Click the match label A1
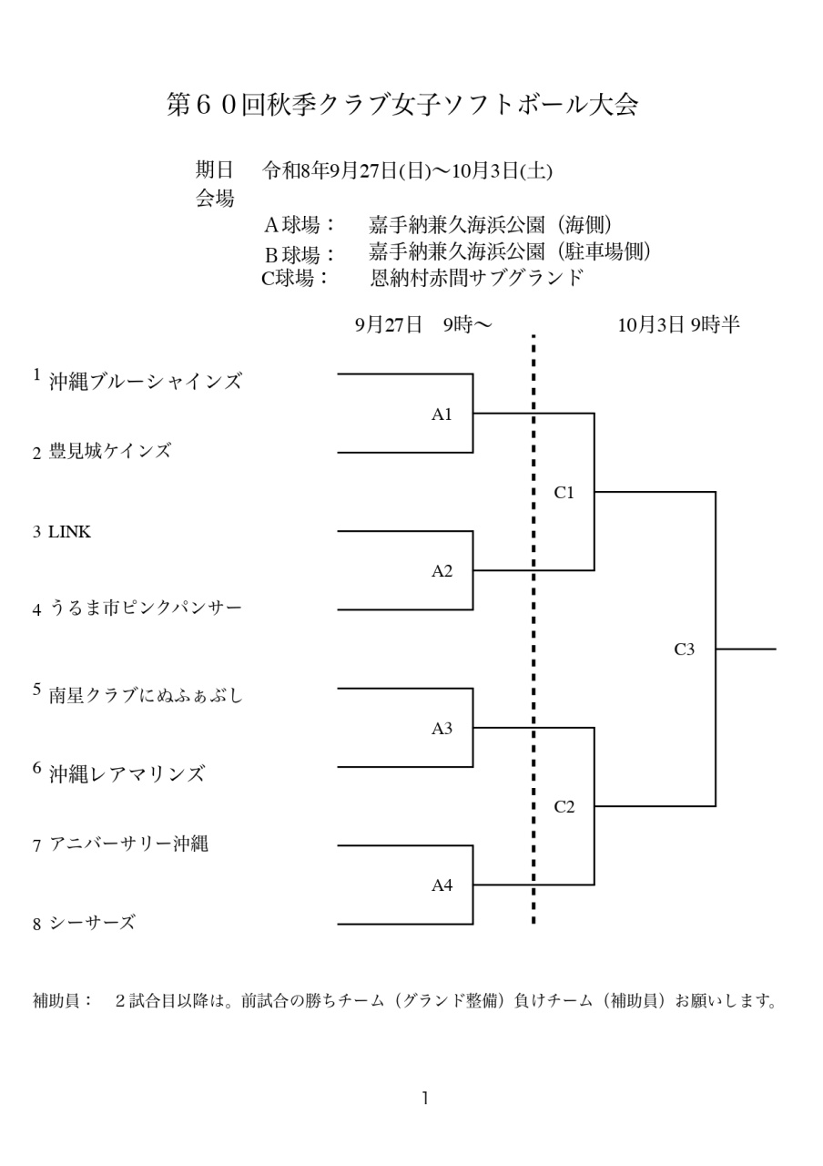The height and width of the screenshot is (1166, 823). click(x=442, y=414)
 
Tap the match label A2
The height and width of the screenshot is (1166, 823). click(x=442, y=571)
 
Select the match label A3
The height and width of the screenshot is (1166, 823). click(x=442, y=729)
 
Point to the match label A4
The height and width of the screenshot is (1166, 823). click(x=442, y=885)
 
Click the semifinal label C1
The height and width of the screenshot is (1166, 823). click(x=564, y=493)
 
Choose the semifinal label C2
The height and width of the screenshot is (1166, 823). click(x=564, y=807)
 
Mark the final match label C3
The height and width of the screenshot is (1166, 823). click(x=684, y=649)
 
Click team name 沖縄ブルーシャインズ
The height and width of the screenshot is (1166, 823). click(x=146, y=382)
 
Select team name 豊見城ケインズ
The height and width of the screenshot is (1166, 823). click(x=110, y=451)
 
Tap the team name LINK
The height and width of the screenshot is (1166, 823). click(x=70, y=532)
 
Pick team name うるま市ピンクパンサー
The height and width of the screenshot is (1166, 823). click(x=146, y=608)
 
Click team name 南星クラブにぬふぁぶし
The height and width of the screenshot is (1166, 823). click(x=147, y=695)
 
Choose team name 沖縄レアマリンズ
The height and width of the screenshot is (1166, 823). click(x=127, y=774)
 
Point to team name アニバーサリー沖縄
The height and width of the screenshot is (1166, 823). click(x=129, y=844)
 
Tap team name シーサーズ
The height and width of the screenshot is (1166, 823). click(x=92, y=923)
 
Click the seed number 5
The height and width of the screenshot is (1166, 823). click(x=36, y=690)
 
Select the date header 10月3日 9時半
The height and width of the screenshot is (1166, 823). click(x=678, y=325)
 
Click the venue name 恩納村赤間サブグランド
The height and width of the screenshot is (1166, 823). click(x=476, y=278)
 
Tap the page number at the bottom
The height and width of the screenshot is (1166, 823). click(x=426, y=1099)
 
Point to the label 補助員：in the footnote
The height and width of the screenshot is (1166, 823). click(x=63, y=1000)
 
